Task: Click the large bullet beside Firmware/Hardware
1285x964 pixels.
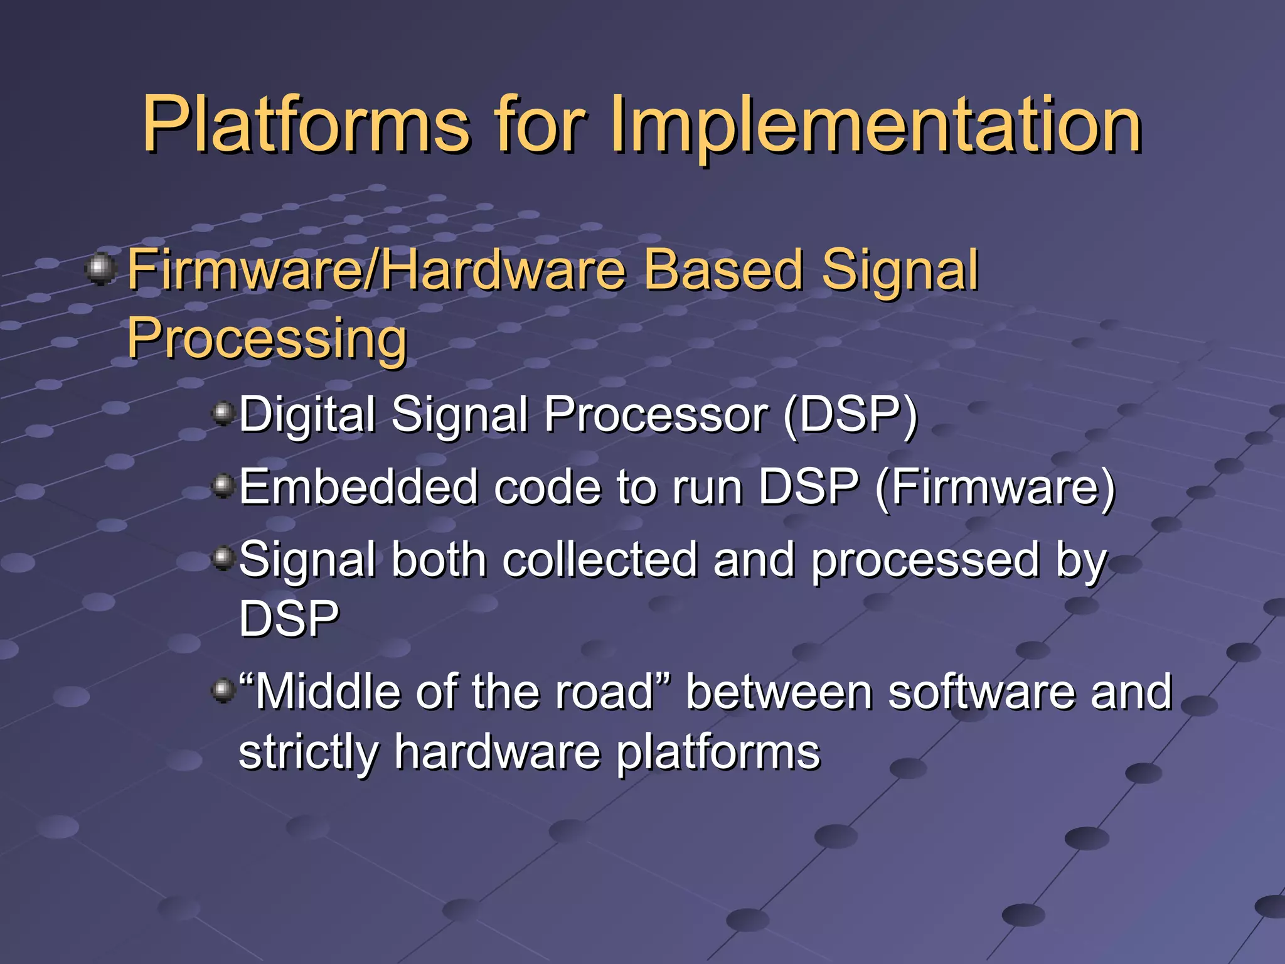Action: click(x=100, y=269)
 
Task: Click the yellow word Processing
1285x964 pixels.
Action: click(x=267, y=339)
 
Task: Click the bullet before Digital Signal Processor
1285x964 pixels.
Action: click(x=223, y=413)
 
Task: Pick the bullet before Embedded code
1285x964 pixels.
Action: click(x=223, y=485)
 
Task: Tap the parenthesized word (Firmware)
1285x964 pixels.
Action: click(x=994, y=487)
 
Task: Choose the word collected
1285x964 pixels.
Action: click(x=600, y=560)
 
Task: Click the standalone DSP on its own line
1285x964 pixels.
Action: click(x=289, y=619)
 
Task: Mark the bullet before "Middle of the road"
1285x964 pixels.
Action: click(x=223, y=691)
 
